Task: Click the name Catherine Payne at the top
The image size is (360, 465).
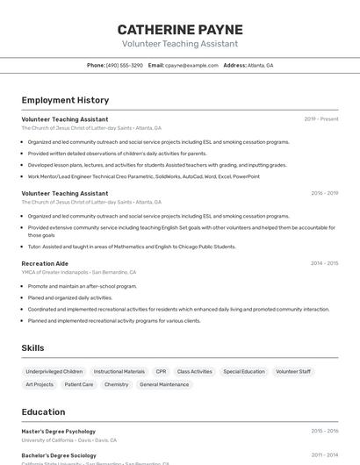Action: click(x=180, y=29)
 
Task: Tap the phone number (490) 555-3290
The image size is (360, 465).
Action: click(x=124, y=65)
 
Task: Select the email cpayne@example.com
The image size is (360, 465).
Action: click(x=191, y=65)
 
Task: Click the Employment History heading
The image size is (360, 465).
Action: click(x=65, y=101)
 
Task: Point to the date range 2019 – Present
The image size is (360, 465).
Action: click(x=320, y=119)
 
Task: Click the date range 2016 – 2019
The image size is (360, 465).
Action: click(x=324, y=193)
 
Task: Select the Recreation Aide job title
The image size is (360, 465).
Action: click(x=45, y=263)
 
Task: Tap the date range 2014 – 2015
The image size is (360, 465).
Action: click(x=324, y=263)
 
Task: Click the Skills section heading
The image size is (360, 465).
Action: click(x=33, y=348)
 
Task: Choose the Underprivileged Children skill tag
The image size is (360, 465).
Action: click(x=54, y=371)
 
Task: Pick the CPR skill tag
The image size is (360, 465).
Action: click(x=161, y=371)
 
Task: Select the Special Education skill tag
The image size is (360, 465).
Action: click(x=244, y=371)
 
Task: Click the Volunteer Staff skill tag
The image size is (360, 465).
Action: click(x=293, y=371)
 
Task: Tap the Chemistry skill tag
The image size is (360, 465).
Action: click(x=116, y=384)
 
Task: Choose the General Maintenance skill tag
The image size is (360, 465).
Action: click(x=164, y=384)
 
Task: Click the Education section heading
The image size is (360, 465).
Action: click(x=43, y=411)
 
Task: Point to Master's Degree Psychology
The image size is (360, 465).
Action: click(x=59, y=432)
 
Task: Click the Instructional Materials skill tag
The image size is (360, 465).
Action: click(x=119, y=371)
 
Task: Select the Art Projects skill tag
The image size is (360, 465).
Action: click(x=40, y=384)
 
